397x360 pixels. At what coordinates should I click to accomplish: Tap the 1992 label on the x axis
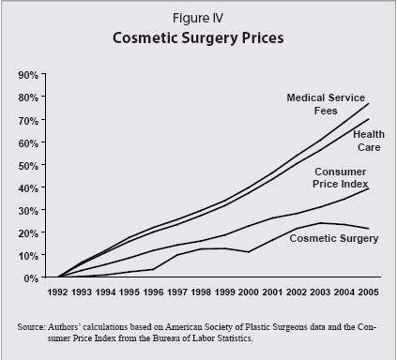pos(58,292)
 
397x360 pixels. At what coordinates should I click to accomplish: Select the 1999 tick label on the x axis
pos(223,292)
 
